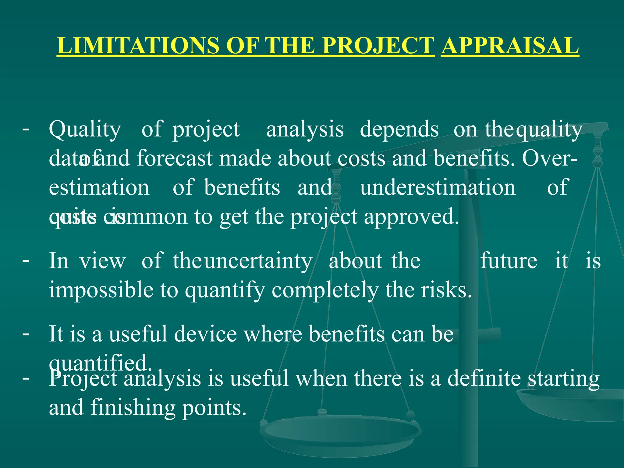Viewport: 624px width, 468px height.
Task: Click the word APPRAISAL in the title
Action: coord(509,46)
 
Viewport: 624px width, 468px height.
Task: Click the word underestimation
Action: coord(438,188)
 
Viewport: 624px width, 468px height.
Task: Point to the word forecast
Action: coord(175,159)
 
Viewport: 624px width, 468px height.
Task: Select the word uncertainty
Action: coord(258,261)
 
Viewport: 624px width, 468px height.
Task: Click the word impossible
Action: coord(101,290)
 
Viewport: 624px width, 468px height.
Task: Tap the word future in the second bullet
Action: coord(509,261)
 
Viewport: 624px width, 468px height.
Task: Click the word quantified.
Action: coord(100,363)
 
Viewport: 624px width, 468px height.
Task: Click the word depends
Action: coord(399,129)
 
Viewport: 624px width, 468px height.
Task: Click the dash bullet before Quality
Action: coord(26,129)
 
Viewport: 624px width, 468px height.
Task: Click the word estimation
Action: coord(99,188)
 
